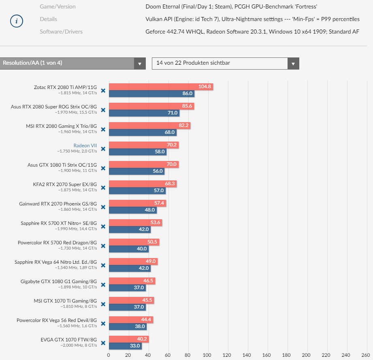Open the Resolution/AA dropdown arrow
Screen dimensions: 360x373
click(140, 64)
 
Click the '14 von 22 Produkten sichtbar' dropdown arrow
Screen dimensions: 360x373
click(293, 64)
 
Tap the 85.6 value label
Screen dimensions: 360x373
click(187, 106)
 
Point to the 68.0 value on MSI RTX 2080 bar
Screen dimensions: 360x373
click(170, 132)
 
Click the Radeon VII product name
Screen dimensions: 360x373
click(85, 146)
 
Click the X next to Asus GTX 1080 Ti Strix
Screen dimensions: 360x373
click(103, 168)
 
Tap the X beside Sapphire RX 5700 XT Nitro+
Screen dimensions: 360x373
click(103, 227)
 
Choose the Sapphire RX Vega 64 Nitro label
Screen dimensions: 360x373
click(55, 262)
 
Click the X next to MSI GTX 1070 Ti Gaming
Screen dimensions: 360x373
click(103, 304)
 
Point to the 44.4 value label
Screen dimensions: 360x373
click(147, 320)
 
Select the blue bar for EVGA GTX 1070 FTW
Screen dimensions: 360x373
click(121, 346)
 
